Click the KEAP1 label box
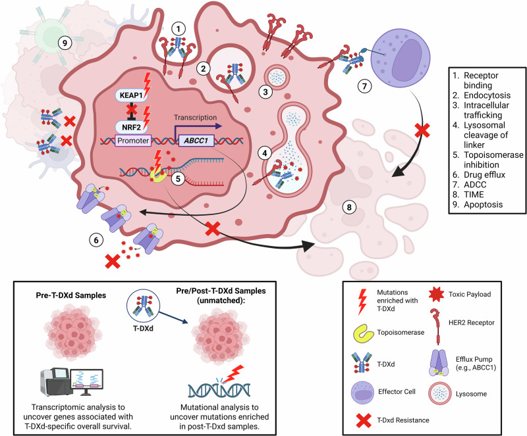click(131, 95)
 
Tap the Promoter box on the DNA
click(133, 140)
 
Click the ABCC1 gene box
click(196, 140)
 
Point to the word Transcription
click(195, 118)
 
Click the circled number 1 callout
click(179, 29)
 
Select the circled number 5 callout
click(178, 179)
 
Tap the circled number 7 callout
click(365, 86)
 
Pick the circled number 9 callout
click(65, 43)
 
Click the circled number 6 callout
click(96, 240)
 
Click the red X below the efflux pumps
click(113, 262)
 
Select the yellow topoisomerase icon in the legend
click(364, 333)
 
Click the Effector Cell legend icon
click(362, 393)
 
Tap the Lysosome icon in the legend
click(439, 393)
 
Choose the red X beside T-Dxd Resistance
click(364, 420)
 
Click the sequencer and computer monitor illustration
click(72, 383)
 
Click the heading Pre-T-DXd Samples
click(71, 295)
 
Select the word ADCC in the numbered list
click(475, 185)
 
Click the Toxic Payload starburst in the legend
click(437, 295)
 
